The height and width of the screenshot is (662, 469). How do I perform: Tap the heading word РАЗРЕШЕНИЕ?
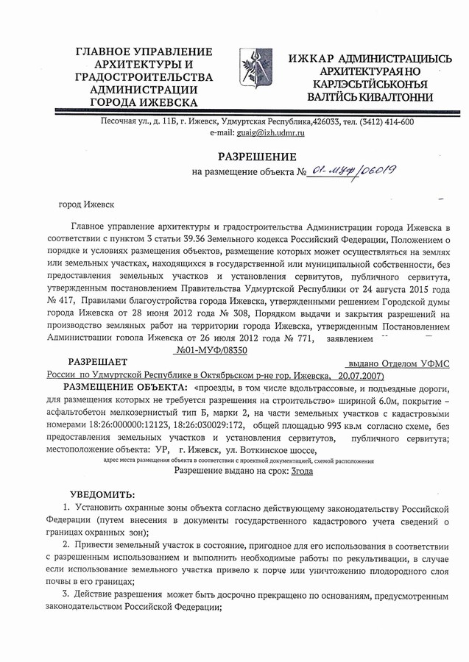257,156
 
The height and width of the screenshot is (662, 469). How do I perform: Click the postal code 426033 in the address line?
328,122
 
